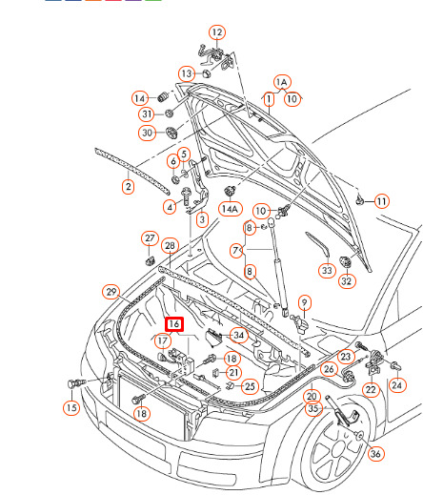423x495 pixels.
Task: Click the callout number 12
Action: [217, 32]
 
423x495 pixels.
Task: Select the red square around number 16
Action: [174, 324]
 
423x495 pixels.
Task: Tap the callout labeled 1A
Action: [282, 82]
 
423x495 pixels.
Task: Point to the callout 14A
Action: [231, 209]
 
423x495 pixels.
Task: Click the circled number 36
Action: [375, 453]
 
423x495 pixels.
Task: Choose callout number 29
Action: [111, 292]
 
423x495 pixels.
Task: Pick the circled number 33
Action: [327, 271]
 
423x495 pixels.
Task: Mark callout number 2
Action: [128, 187]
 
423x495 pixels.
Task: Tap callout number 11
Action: [381, 201]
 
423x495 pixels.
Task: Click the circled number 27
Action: [150, 238]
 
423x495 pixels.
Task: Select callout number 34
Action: [238, 335]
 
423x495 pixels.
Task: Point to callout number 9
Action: [305, 302]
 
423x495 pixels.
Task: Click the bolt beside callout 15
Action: [76, 383]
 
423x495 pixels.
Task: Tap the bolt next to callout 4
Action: [185, 196]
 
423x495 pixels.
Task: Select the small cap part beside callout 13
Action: [207, 73]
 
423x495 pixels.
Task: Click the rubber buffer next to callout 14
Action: [163, 97]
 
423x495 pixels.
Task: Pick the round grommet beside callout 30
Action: [171, 133]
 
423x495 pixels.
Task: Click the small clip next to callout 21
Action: [215, 373]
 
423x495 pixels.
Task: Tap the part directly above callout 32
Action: [345, 262]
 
